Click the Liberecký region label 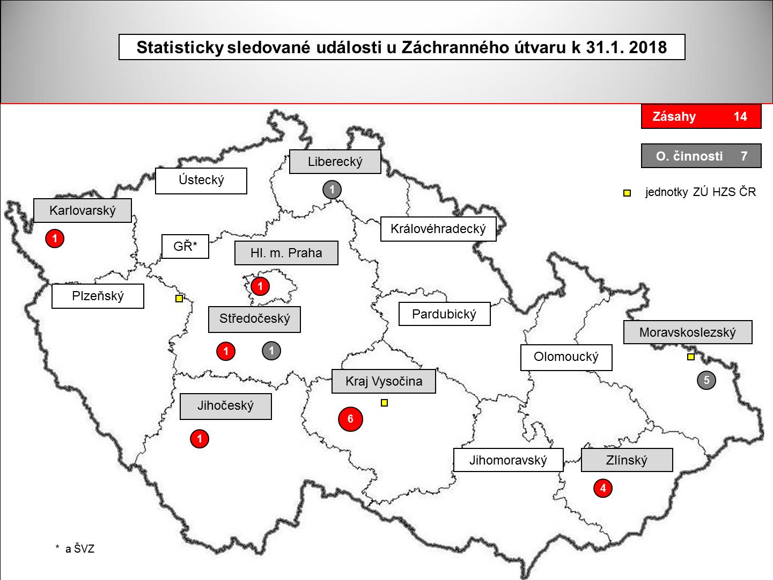pos(335,161)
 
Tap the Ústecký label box pos(201,180)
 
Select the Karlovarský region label pos(83,210)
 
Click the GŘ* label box pos(185,247)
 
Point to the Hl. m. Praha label pos(286,253)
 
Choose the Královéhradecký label pos(438,229)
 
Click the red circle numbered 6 pos(350,419)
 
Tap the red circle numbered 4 pos(603,489)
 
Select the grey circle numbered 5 pos(706,381)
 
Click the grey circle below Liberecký pos(332,190)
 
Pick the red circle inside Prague pos(260,287)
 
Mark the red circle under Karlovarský pos(55,238)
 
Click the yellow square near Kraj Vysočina pos(384,403)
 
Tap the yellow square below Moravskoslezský pos(691,357)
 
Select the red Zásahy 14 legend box pos(701,117)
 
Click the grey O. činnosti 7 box pos(701,156)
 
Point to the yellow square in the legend pos(627,193)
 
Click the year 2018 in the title pos(647,47)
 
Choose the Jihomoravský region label pos(508,460)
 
